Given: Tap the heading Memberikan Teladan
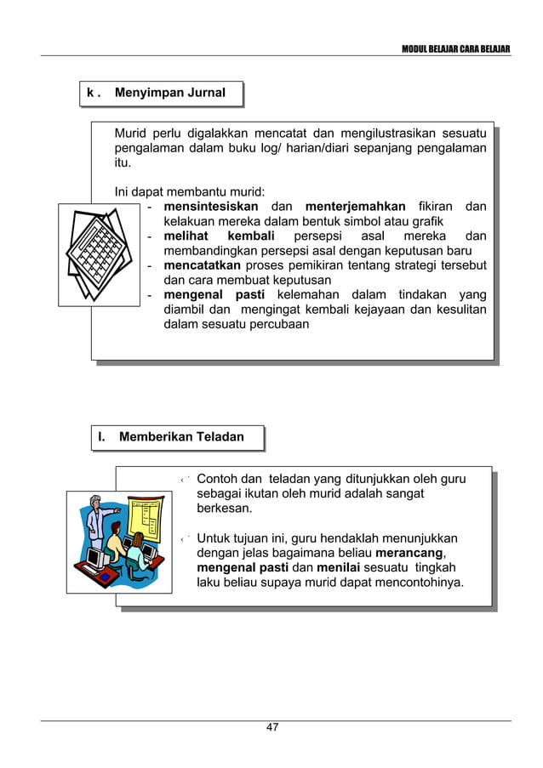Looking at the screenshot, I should (181, 437).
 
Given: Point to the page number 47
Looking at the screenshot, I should (272, 727).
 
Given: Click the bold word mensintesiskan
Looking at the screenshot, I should (211, 207).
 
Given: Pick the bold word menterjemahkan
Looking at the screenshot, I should (355, 207).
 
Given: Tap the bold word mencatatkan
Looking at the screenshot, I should (203, 265).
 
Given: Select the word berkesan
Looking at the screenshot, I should (225, 509).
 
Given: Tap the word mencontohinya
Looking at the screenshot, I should (419, 583).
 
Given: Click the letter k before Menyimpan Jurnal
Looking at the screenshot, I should (90, 93).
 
